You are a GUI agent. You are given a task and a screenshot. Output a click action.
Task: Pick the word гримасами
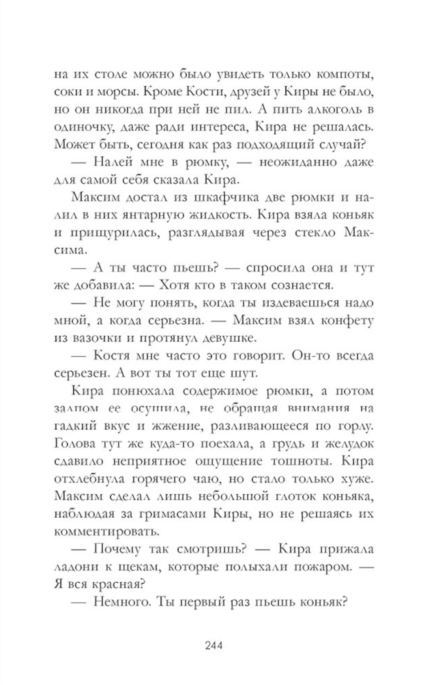(170, 514)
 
